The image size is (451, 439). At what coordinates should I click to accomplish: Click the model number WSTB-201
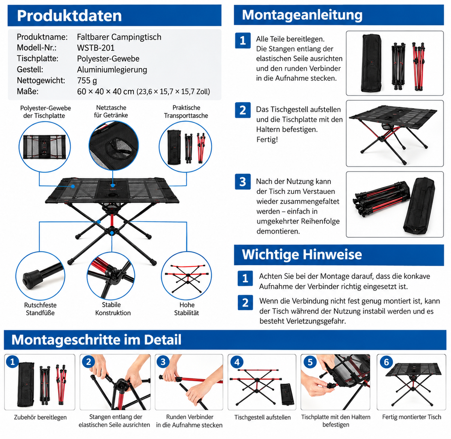click(96, 48)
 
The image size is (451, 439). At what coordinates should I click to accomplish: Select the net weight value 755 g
click(87, 81)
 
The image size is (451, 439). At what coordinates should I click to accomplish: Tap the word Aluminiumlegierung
click(112, 70)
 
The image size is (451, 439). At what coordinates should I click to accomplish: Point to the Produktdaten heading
click(69, 16)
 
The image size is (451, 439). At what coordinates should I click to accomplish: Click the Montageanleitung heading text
click(302, 15)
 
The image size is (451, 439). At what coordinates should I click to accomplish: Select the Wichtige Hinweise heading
click(302, 254)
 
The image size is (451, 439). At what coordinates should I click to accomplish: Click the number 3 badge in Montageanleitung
click(243, 182)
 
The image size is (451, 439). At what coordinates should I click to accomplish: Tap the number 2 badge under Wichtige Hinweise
click(245, 302)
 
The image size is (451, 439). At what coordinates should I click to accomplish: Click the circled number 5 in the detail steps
click(310, 362)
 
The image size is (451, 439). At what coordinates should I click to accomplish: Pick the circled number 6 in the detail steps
click(386, 362)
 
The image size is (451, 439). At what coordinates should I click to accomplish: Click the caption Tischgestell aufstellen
click(262, 417)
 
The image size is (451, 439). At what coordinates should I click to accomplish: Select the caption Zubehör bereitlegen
click(40, 417)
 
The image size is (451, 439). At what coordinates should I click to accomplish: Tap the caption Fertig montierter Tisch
click(412, 417)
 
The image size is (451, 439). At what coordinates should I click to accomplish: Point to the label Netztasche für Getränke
click(111, 111)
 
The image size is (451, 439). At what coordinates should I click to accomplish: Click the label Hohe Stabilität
click(186, 309)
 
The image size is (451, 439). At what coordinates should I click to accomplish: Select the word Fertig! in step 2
click(267, 140)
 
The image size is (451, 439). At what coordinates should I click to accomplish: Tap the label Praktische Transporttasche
click(186, 112)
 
